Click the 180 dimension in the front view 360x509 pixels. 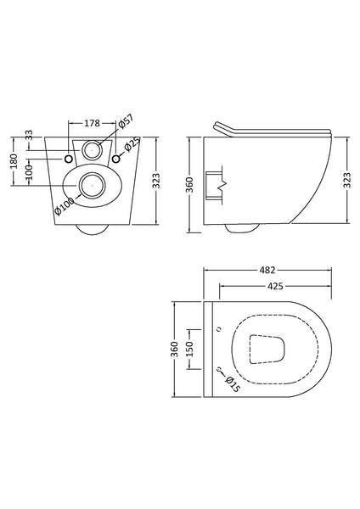[x=14, y=162]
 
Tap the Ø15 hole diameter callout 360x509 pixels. [x=231, y=383]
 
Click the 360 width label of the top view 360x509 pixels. [x=175, y=349]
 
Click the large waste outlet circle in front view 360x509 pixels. [x=93, y=182]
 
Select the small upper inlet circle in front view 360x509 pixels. [x=93, y=153]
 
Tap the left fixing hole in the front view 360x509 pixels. [x=69, y=159]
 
